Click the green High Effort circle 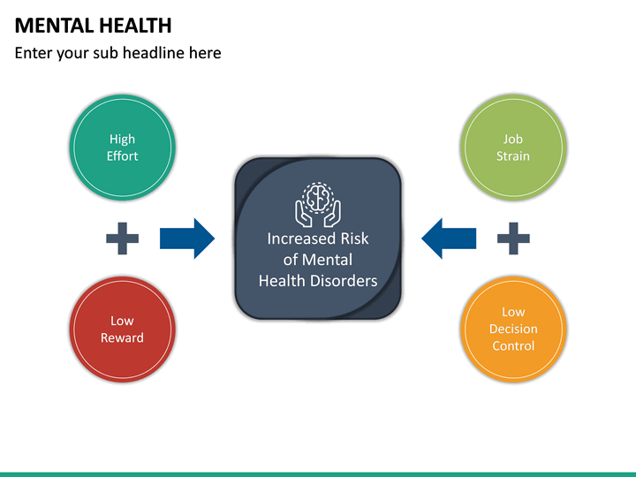click(x=122, y=148)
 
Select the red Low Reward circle click(x=122, y=329)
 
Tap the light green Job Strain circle click(x=513, y=148)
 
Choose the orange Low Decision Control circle click(x=513, y=329)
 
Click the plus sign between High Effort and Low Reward click(x=122, y=238)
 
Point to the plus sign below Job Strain click(x=513, y=238)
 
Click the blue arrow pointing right click(x=186, y=238)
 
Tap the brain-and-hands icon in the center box click(x=318, y=203)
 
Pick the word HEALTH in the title click(x=133, y=26)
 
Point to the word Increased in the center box click(x=301, y=238)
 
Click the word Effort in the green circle click(x=122, y=156)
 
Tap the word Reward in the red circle click(x=122, y=338)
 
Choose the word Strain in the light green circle click(x=513, y=156)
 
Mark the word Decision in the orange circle click(x=513, y=329)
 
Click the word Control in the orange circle click(x=513, y=346)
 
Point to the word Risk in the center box click(x=354, y=238)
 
